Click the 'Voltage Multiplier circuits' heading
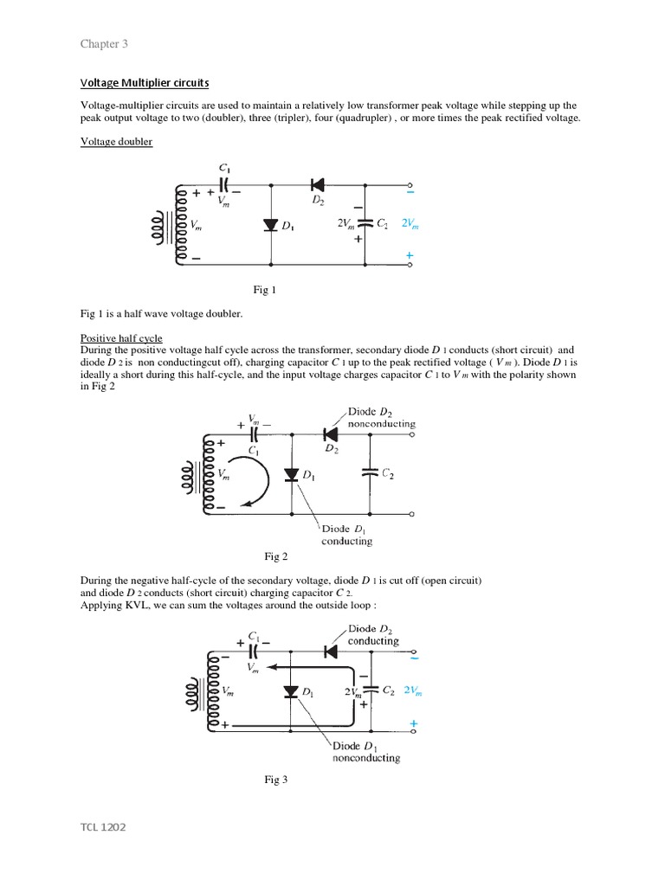[145, 82]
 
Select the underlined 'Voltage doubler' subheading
[116, 141]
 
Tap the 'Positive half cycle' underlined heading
[121, 337]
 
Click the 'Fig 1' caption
[262, 291]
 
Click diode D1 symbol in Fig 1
[271, 225]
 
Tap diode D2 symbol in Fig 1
[317, 184]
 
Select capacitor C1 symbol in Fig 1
[224, 184]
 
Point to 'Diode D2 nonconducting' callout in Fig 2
[381, 418]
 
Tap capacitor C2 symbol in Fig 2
[370, 472]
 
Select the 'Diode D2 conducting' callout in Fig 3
[373, 635]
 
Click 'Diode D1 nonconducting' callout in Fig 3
[366, 751]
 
